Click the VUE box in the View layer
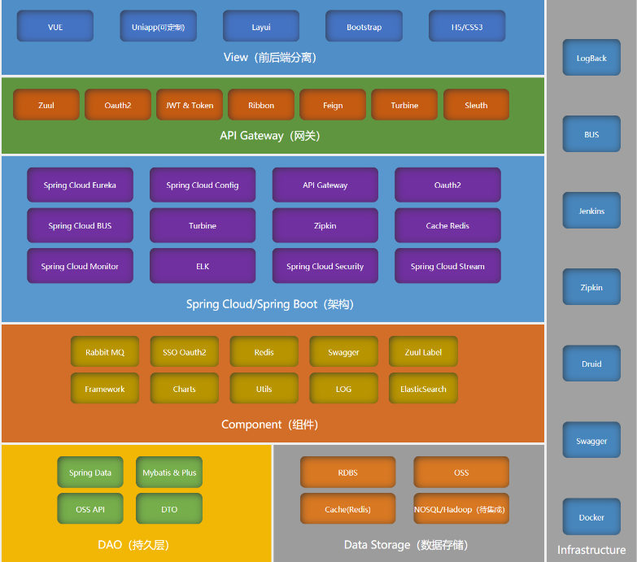[x=55, y=27]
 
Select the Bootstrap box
[x=364, y=27]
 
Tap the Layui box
[x=261, y=27]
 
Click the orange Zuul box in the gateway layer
[x=46, y=105]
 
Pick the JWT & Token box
[x=190, y=105]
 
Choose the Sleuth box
[x=476, y=105]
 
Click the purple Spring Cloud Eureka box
[x=80, y=185]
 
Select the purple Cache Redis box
[x=447, y=225]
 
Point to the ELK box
[x=203, y=266]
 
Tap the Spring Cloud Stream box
[x=447, y=266]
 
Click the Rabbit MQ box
[x=105, y=352]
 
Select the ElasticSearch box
[x=423, y=389]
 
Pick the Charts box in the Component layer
[x=185, y=389]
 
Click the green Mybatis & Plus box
[x=169, y=473]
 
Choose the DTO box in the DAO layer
[x=169, y=509]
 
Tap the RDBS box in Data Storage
[x=347, y=473]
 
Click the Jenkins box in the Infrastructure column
[x=591, y=211]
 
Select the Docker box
[x=591, y=517]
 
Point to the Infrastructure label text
[x=591, y=550]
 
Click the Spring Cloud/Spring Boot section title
[x=270, y=304]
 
